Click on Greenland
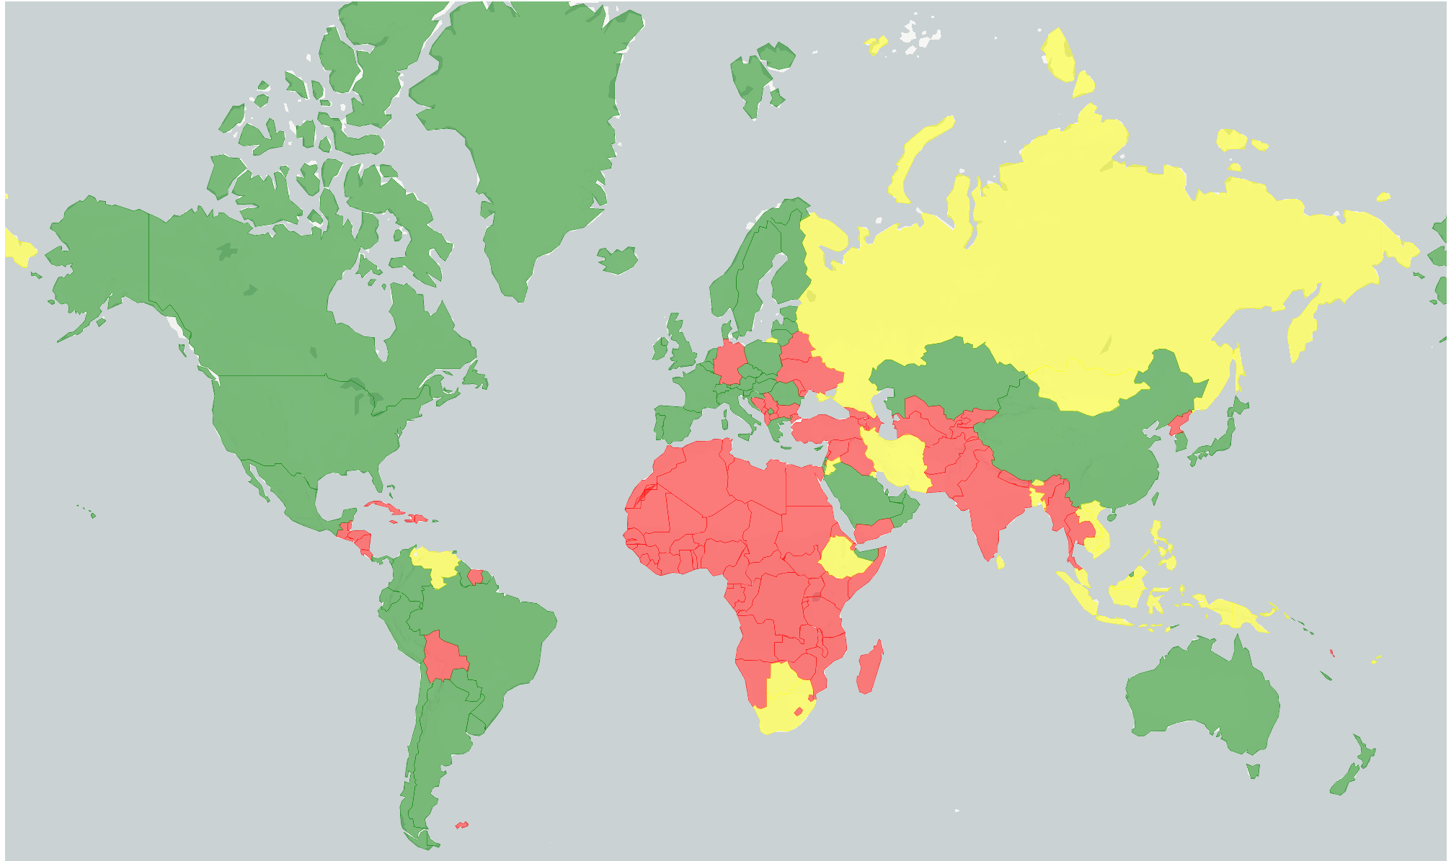526,130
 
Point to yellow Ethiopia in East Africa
843,558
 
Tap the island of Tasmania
1253,771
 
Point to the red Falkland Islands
461,824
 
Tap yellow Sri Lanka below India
1000,561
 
